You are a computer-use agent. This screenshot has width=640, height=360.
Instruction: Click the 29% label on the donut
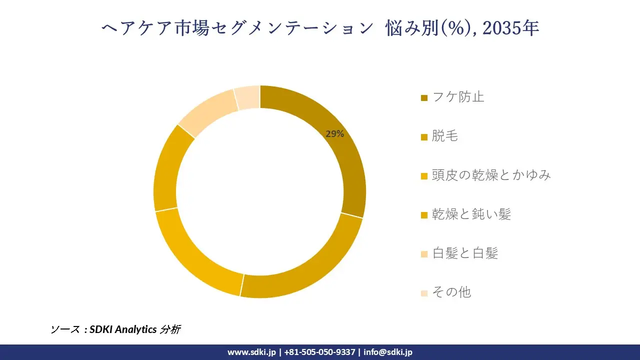coord(334,134)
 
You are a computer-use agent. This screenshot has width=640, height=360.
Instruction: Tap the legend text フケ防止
coord(458,97)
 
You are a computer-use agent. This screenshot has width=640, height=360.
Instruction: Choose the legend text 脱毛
coord(445,136)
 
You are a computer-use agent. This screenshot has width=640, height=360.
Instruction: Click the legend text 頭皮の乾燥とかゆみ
coord(491,175)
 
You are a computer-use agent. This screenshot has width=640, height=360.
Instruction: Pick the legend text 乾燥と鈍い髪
coord(471,214)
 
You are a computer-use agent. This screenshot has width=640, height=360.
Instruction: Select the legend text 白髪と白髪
coord(465,253)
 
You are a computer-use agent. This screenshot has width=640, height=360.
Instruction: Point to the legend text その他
coord(451,292)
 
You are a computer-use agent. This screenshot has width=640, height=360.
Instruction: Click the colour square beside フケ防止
coord(424,98)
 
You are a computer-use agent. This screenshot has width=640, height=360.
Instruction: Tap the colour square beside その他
coord(424,293)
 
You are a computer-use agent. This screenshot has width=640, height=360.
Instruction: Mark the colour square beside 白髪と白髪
coord(424,254)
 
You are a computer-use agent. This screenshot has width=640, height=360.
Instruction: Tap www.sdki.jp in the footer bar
coord(251,352)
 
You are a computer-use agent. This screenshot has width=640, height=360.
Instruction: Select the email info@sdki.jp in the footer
coord(388,352)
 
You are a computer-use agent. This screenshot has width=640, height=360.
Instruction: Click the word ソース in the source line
coord(65,329)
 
